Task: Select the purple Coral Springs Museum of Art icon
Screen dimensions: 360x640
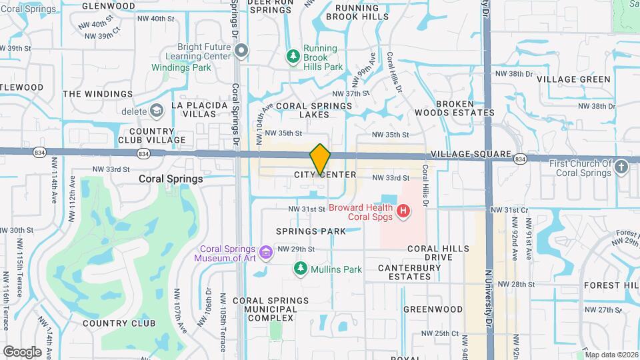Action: pyautogui.click(x=266, y=252)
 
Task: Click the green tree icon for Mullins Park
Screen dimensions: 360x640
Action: pyautogui.click(x=300, y=269)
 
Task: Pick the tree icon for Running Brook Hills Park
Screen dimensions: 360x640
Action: pyautogui.click(x=292, y=57)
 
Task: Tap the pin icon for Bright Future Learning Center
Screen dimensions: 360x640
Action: pyautogui.click(x=242, y=51)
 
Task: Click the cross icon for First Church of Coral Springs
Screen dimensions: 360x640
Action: pyautogui.click(x=621, y=167)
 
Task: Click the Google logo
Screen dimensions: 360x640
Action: pyautogui.click(x=21, y=351)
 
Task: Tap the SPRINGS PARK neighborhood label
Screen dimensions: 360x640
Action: pyautogui.click(x=311, y=231)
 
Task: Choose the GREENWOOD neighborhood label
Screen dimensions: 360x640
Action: pyautogui.click(x=433, y=309)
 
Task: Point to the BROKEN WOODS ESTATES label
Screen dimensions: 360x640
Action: pyautogui.click(x=465, y=109)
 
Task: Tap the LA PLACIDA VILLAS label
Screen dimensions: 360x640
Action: pyautogui.click(x=194, y=110)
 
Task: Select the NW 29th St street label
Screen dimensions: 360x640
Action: pyautogui.click(x=295, y=249)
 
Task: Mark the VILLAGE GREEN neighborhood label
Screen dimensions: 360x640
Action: pyautogui.click(x=573, y=79)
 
